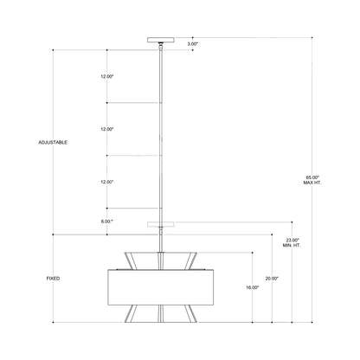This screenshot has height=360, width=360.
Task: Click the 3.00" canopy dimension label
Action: pyautogui.click(x=194, y=43)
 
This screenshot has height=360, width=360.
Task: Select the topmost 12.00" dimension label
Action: pyautogui.click(x=107, y=76)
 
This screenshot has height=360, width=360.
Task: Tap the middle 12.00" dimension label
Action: pyautogui.click(x=107, y=129)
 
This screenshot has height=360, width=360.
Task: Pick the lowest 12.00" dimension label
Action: pyautogui.click(x=107, y=182)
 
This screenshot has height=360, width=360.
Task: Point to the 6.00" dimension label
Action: pyautogui.click(x=107, y=222)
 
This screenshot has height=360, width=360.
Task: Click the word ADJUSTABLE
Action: pyautogui.click(x=54, y=142)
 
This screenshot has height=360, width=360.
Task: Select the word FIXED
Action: pyautogui.click(x=53, y=278)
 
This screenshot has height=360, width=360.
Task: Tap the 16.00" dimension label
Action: pyautogui.click(x=252, y=287)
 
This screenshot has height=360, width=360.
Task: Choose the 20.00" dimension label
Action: pyautogui.click(x=272, y=278)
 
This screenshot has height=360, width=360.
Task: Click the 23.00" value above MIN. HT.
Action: pyautogui.click(x=292, y=240)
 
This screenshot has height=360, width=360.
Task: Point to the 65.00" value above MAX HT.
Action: pyautogui.click(x=312, y=177)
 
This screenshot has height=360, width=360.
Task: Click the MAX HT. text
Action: pyautogui.click(x=312, y=183)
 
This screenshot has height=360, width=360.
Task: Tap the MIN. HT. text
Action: pyautogui.click(x=292, y=246)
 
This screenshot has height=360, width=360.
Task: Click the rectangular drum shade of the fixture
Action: pyautogui.click(x=162, y=286)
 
